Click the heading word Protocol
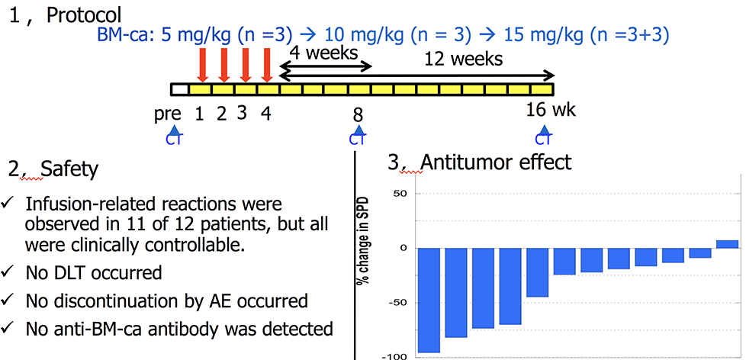click(x=84, y=15)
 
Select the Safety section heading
click(x=69, y=169)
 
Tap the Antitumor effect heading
click(x=496, y=162)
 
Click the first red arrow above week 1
click(x=201, y=65)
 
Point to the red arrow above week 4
click(x=267, y=65)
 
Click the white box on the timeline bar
click(x=180, y=89)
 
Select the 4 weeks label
click(x=323, y=53)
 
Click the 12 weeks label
click(x=463, y=59)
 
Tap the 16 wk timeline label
click(x=551, y=110)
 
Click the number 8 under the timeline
click(x=358, y=116)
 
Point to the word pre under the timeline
click(x=168, y=115)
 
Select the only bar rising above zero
click(x=728, y=244)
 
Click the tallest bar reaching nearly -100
click(x=429, y=300)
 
